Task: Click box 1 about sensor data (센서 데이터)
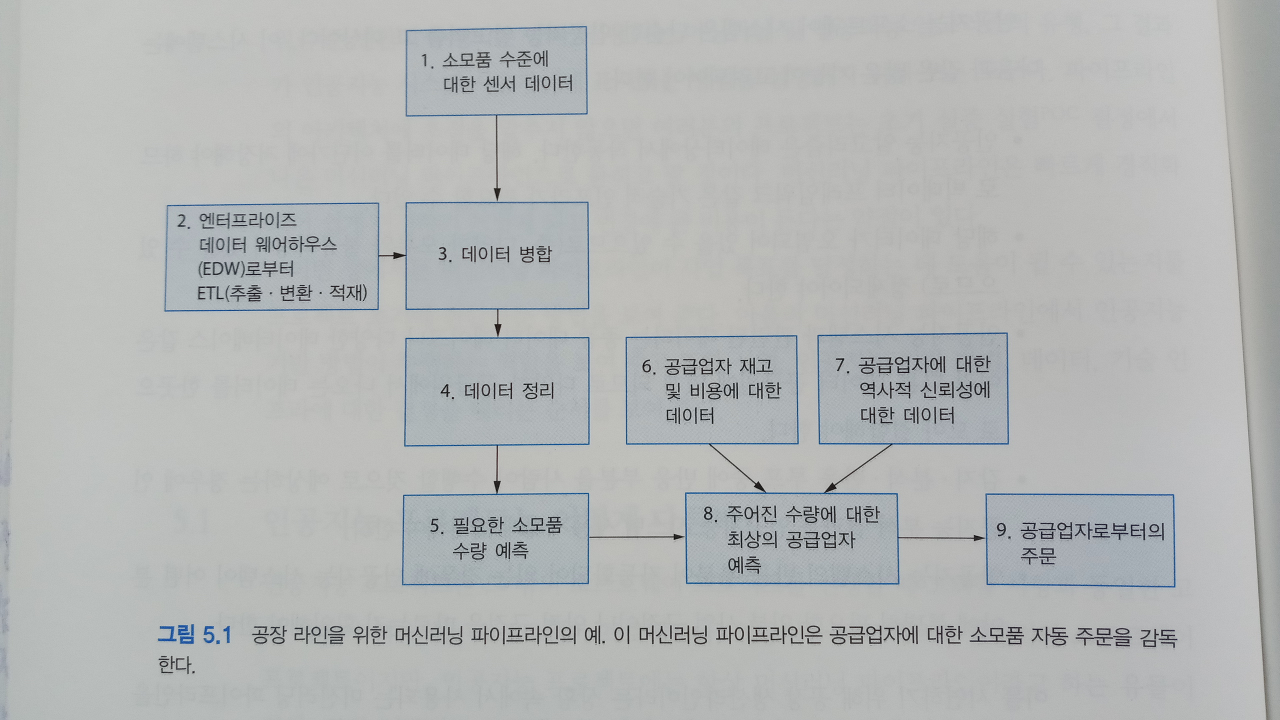coord(496,71)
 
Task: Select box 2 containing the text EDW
coord(271,256)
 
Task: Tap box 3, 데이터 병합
coord(496,255)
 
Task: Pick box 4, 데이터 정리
coord(496,391)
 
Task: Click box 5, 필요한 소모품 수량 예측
coord(495,538)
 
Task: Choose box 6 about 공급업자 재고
coord(711,390)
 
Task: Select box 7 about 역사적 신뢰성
coord(913,388)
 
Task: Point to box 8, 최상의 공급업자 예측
coord(792,538)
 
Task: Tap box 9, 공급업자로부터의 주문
coord(1080,540)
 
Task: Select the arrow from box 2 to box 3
coord(392,255)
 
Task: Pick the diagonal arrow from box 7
coord(858,468)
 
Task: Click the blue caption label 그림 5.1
coord(194,635)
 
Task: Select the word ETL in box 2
coord(210,293)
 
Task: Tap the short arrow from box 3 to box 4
coord(497,323)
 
